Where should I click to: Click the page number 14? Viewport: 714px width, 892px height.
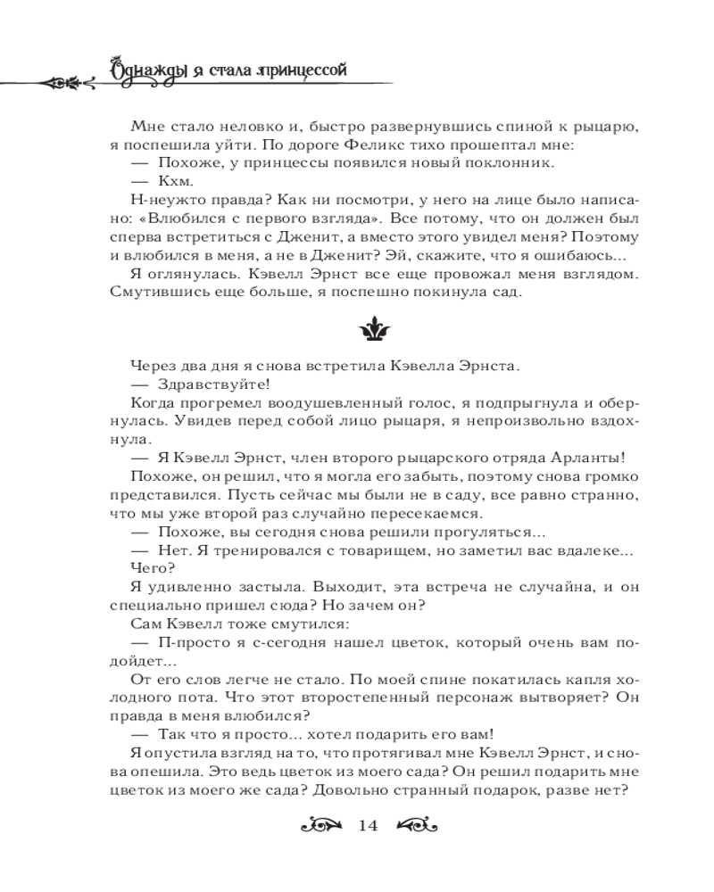[x=369, y=825]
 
